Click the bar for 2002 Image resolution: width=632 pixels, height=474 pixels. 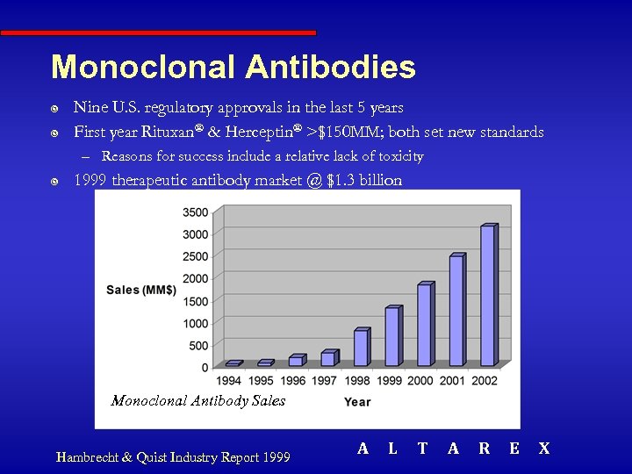pos(487,296)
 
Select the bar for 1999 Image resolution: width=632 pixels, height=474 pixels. pos(391,337)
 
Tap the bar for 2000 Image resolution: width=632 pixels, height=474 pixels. pos(424,326)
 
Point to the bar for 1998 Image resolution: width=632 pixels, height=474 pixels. pos(360,348)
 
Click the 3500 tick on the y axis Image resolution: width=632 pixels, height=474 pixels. pos(196,212)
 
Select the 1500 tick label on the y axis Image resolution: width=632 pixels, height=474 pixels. pos(196,301)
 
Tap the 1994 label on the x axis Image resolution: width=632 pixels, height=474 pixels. pos(230,381)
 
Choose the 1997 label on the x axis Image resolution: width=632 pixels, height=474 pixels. pos(325,381)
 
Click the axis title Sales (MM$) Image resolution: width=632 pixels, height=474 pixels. pos(141,290)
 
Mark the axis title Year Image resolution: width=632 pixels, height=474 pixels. pos(357,402)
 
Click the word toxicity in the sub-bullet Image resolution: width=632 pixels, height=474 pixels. pos(396,156)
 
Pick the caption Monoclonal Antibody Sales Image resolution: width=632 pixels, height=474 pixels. pos(198,400)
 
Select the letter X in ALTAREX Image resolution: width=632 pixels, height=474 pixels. pos(543,449)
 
